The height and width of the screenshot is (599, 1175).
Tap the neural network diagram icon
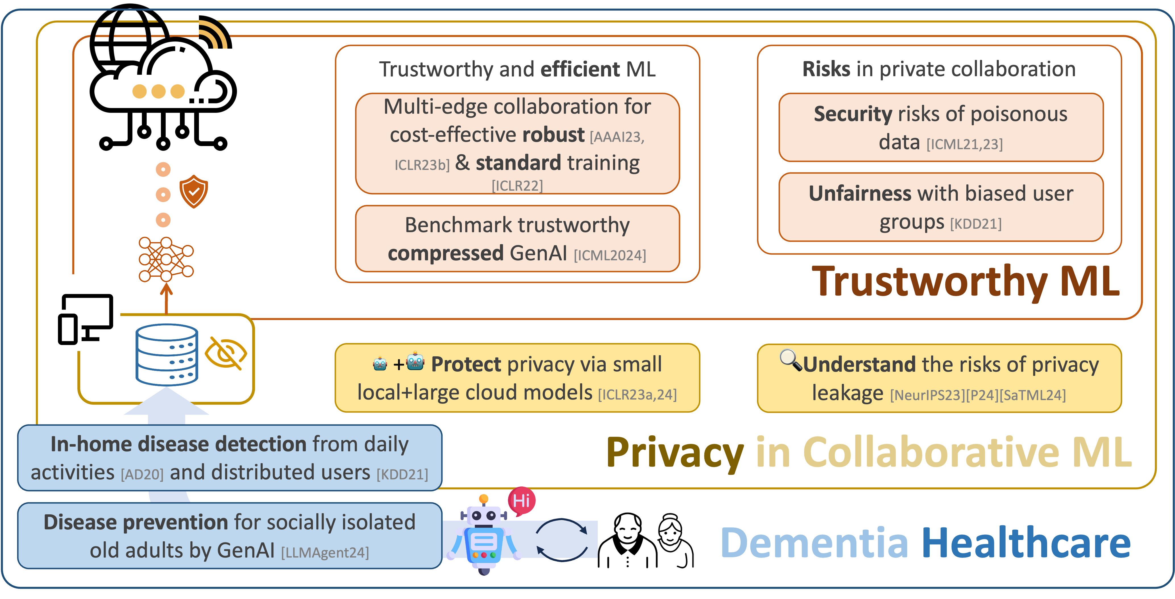[166, 259]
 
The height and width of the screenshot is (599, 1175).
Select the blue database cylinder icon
[167, 355]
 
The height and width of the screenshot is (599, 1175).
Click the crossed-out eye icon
[225, 353]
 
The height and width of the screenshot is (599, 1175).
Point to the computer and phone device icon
[86, 318]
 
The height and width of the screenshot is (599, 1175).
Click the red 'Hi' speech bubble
[521, 500]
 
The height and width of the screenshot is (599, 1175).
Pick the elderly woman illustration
[673, 540]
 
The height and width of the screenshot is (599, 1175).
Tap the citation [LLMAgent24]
[325, 552]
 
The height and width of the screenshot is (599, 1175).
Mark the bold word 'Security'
[852, 114]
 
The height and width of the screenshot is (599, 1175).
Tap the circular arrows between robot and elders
[562, 540]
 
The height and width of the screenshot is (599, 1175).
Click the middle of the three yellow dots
[158, 91]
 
